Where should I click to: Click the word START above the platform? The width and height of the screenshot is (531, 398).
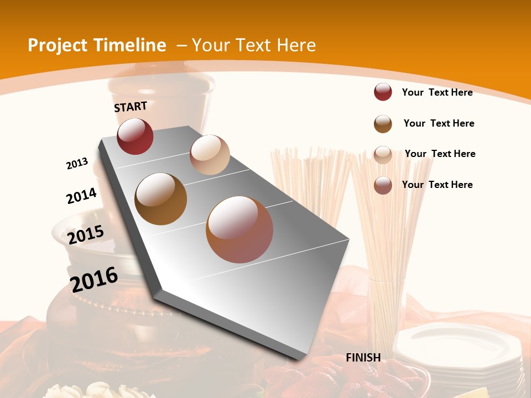click(x=131, y=107)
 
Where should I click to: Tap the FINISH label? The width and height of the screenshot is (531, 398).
click(x=363, y=357)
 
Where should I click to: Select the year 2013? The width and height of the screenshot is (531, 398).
click(x=77, y=163)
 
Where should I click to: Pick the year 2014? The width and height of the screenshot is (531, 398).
click(x=81, y=196)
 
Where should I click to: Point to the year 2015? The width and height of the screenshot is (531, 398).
click(x=86, y=235)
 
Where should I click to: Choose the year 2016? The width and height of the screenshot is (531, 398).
click(x=95, y=279)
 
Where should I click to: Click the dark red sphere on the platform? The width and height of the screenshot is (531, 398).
click(x=135, y=136)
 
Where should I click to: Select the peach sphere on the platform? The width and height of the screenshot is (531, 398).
click(x=210, y=155)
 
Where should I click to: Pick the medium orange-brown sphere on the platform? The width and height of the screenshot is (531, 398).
click(x=161, y=199)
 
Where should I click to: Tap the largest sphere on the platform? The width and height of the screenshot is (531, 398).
click(x=240, y=229)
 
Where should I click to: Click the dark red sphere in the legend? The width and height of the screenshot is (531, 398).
click(x=383, y=92)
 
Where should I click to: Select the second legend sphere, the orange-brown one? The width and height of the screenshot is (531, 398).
click(x=383, y=124)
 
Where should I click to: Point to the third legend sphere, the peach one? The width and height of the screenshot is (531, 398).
click(x=383, y=154)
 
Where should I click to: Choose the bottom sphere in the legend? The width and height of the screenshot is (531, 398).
click(x=383, y=185)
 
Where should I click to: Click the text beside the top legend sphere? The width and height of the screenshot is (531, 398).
click(x=437, y=92)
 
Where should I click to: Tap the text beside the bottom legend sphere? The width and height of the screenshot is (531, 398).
click(x=437, y=185)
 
